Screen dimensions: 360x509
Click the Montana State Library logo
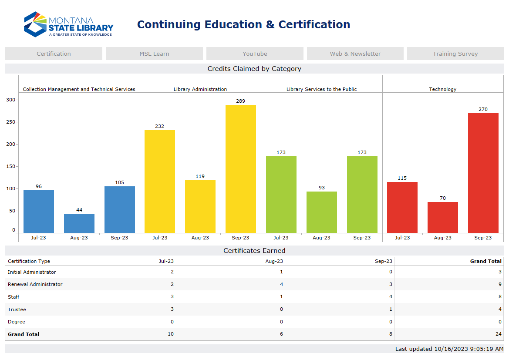68,24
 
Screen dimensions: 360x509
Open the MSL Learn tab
154,54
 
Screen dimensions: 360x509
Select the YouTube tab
255,54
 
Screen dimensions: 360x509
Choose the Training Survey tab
455,54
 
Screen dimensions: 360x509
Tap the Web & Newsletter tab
355,54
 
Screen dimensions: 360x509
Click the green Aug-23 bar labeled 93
321,212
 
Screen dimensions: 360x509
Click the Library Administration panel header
200,89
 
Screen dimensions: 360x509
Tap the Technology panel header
443,89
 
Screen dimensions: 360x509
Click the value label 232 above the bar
160,126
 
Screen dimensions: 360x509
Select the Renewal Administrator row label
35,284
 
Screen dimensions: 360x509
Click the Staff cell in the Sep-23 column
391,297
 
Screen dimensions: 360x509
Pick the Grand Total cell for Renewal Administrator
500,284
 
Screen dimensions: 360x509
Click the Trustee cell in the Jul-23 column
172,310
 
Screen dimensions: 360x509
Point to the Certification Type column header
29,261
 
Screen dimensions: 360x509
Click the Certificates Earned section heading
254,250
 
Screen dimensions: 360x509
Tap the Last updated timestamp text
449,349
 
